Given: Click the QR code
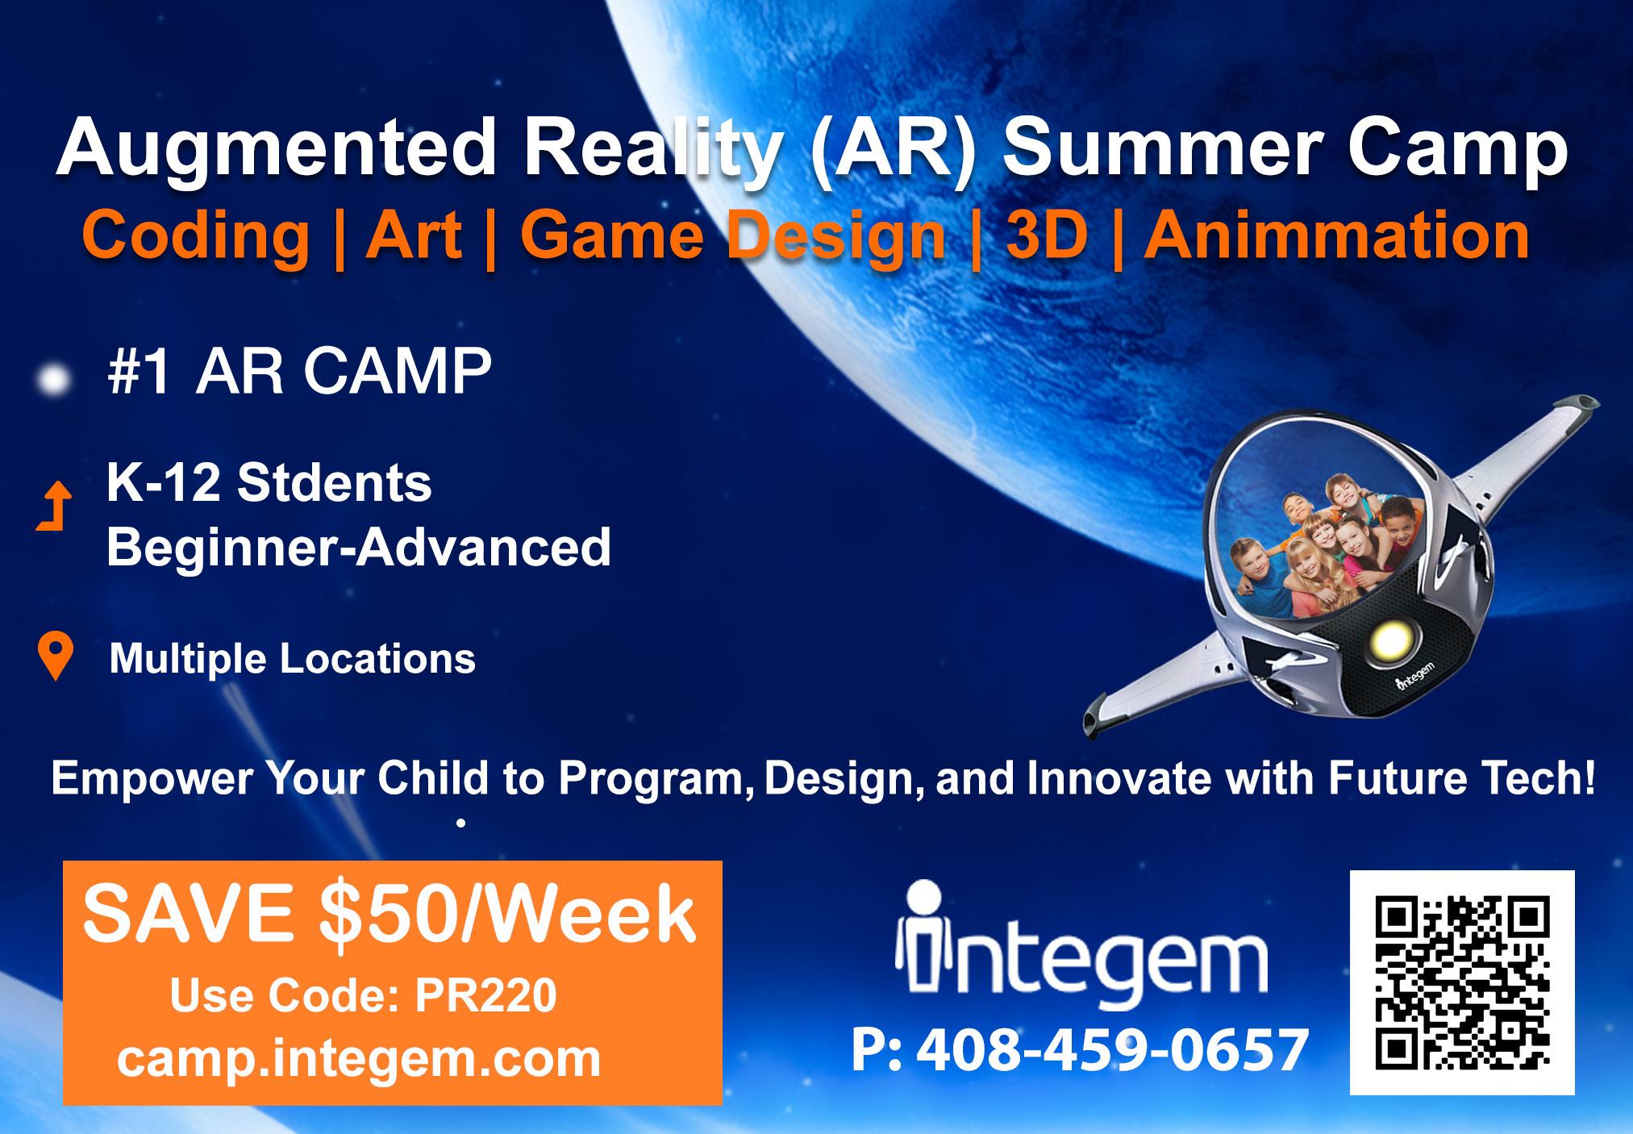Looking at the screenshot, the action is tap(1462, 982).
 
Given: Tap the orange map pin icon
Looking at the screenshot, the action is tap(55, 657).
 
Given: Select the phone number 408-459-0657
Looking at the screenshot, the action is tap(1112, 1050).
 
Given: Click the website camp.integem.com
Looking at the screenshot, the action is tap(359, 1057).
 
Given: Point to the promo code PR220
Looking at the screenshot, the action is tap(485, 995).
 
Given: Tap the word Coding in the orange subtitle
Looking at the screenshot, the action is tap(196, 236).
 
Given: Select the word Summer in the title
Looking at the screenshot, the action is tap(1158, 150).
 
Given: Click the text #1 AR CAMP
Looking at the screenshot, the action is tap(299, 372).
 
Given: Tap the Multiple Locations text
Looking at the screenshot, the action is tap(293, 658).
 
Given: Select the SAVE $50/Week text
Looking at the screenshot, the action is tap(390, 916).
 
